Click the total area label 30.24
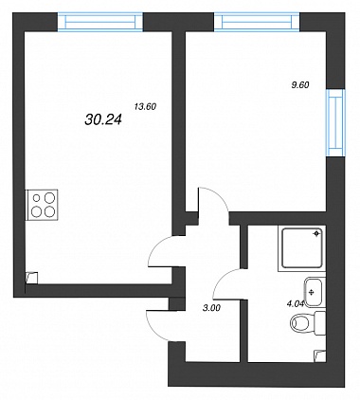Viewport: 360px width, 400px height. (x=103, y=119)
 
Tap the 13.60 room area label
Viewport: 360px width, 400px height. (x=145, y=107)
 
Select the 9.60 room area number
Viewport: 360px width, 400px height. (x=300, y=85)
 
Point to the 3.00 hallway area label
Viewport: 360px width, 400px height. (x=211, y=308)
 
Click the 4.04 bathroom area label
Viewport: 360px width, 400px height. (x=296, y=304)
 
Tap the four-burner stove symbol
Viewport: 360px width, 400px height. (x=43, y=205)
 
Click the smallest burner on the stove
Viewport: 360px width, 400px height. (x=37, y=198)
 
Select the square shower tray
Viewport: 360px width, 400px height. (x=302, y=248)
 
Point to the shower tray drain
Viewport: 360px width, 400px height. (x=316, y=233)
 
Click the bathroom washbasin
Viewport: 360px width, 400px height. (x=313, y=292)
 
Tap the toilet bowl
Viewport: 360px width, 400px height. (x=299, y=323)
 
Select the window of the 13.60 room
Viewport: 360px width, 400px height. (x=100, y=22)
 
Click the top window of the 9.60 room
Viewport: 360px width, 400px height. (x=257, y=22)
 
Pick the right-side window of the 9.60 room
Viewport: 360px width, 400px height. (x=335, y=122)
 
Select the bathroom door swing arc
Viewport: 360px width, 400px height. (x=222, y=277)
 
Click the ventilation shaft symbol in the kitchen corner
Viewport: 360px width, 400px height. (x=31, y=278)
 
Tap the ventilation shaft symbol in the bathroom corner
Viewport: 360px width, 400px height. (x=320, y=356)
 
